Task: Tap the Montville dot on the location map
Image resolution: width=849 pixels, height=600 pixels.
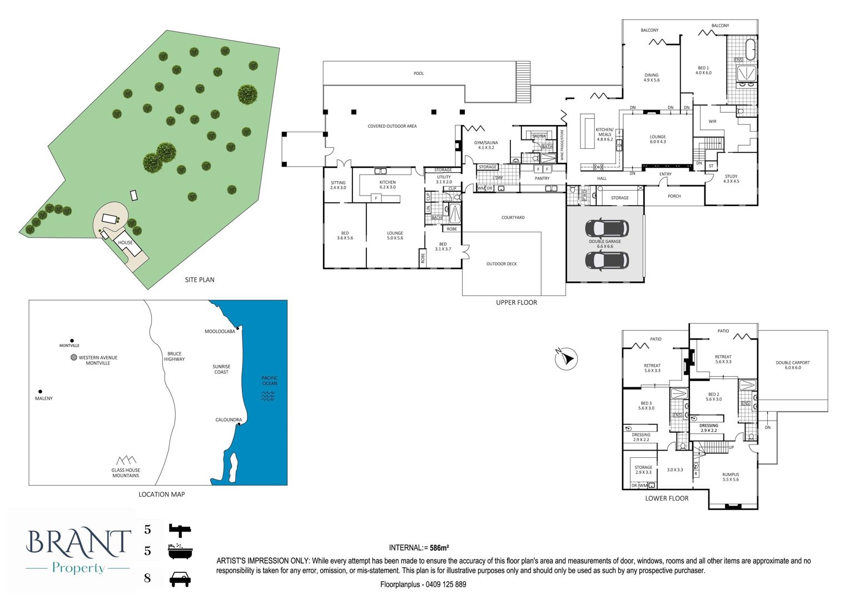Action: [x=72, y=341]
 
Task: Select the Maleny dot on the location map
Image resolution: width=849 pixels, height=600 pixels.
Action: [x=40, y=392]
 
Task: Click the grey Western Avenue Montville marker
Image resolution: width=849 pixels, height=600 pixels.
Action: [x=74, y=357]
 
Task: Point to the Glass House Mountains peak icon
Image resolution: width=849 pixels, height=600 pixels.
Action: [x=126, y=460]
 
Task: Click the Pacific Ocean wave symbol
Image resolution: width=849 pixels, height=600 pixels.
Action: [x=268, y=396]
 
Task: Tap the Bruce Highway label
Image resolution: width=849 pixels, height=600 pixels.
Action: [x=175, y=357]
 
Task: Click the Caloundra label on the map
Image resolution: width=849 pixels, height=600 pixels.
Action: [x=229, y=419]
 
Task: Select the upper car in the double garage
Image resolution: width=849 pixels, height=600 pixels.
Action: [x=607, y=228]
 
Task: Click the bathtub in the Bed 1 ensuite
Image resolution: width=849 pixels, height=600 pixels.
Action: [x=750, y=49]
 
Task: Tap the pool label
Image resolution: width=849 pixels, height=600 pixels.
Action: [x=419, y=73]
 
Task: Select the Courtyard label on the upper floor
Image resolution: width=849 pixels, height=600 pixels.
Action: [x=513, y=217]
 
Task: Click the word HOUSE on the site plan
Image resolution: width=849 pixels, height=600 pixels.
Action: [x=126, y=242]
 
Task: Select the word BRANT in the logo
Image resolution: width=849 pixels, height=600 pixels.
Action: [x=78, y=543]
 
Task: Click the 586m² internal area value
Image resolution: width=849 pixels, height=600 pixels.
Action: [x=439, y=548]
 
